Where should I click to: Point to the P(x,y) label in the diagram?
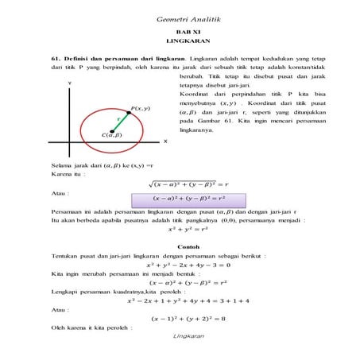coord(140,107)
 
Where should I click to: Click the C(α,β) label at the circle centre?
coord(111,135)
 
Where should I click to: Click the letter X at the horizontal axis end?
coord(165,141)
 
